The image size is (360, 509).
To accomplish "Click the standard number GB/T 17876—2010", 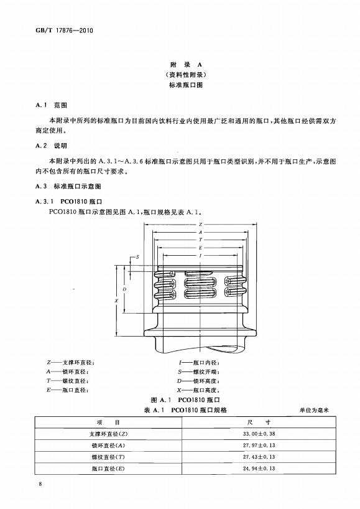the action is coord(64,30).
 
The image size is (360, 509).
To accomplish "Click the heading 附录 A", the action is coord(186,65).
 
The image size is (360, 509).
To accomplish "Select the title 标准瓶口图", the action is coord(186,85).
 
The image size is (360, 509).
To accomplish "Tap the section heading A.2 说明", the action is coord(51,146).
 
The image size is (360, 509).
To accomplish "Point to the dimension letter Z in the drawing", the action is coord(200,224).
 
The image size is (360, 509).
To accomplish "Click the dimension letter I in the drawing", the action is coord(200,256).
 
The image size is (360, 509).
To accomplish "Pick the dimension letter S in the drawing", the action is coord(137,257).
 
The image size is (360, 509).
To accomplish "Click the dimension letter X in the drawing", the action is coord(116,301).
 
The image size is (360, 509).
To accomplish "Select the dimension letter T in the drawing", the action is coord(200,240).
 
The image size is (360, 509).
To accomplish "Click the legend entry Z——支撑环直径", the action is coord(70,363).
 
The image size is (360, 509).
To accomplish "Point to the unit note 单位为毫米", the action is coord(314,410).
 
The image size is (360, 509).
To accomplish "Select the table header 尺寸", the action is coord(259,422).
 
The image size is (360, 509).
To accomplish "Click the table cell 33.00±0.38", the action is coord(259,434).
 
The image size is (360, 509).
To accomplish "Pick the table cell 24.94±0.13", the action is coord(259,469).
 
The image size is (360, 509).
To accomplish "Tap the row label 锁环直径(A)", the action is coord(108,446).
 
